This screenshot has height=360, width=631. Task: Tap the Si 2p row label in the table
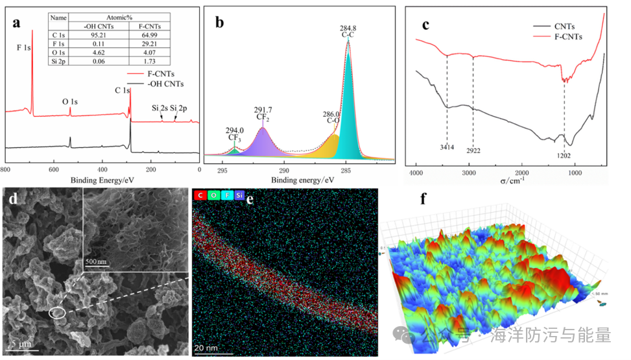[59, 61]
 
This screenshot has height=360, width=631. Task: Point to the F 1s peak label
[23, 48]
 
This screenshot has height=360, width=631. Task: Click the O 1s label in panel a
[70, 102]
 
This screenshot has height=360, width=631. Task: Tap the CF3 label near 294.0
[235, 138]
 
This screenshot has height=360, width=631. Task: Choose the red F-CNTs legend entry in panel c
[569, 36]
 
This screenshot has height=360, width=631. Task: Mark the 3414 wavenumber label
[446, 148]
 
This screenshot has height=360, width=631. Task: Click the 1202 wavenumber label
[564, 156]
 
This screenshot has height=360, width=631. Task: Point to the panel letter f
[423, 198]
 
